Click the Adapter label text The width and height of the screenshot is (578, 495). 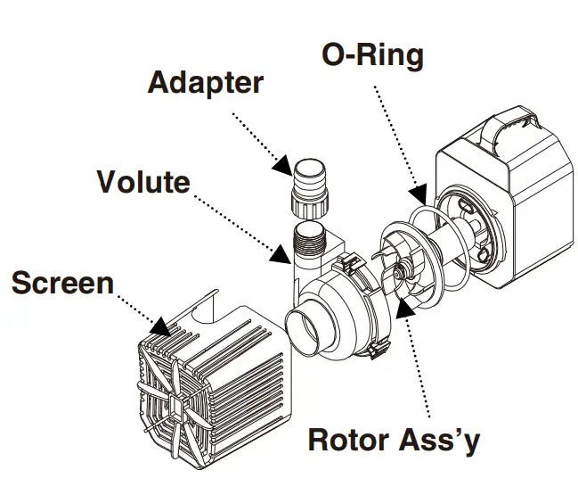click(x=205, y=83)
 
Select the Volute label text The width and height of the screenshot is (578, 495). click(x=143, y=182)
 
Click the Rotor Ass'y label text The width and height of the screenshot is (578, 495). click(x=395, y=440)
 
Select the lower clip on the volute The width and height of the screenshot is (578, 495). click(x=379, y=351)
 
